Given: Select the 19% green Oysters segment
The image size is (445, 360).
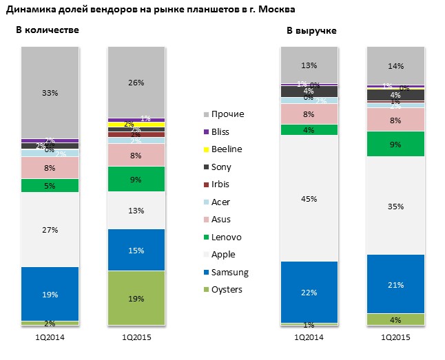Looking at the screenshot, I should coord(136,298).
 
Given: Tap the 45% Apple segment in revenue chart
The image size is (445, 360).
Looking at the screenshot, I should coord(309,199).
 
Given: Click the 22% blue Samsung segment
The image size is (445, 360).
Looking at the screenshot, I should coord(309,292).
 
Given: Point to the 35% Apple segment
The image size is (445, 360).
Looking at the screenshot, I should coord(396,205).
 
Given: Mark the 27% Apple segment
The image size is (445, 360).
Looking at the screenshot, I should coord(50,230).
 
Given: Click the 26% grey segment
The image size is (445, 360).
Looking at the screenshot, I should coord(136,83).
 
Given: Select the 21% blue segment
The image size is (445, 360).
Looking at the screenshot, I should coord(396,284).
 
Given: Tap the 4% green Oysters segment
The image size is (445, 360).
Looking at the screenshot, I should coord(396,319).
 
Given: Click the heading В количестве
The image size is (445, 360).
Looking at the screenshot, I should coord(48,30).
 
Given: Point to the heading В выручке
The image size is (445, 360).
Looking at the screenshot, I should coord(311,31).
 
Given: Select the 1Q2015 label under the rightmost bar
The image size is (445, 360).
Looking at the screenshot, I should coord(396,337).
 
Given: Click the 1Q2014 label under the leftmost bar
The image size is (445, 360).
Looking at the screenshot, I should coord(50,337).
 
